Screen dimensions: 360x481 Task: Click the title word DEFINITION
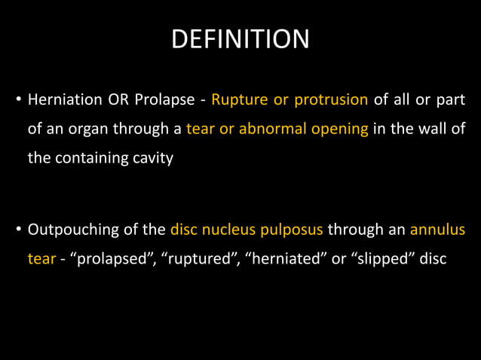pyautogui.click(x=240, y=39)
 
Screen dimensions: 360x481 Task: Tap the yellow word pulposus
pyautogui.click(x=291, y=228)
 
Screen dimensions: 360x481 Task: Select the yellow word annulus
pyautogui.click(x=437, y=228)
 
